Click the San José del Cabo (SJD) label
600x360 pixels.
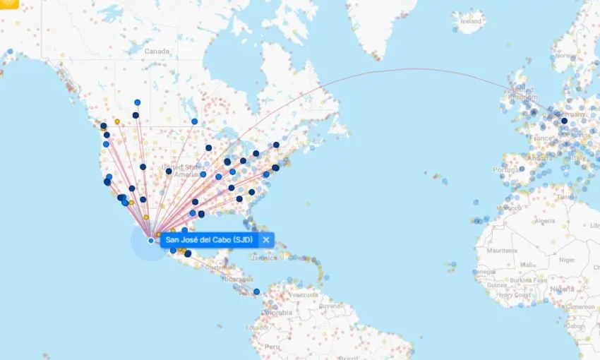(208, 240)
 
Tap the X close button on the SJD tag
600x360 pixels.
(266, 240)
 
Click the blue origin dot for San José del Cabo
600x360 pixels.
(151, 241)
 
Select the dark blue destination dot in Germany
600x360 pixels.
(564, 121)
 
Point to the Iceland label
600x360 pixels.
(470, 21)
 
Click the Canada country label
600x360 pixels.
(157, 52)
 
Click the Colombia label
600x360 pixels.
(279, 311)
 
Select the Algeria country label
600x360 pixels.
(544, 221)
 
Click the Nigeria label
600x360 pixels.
(563, 289)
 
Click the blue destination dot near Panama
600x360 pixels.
(256, 292)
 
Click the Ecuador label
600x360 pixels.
(256, 327)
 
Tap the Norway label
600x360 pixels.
(565, 55)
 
